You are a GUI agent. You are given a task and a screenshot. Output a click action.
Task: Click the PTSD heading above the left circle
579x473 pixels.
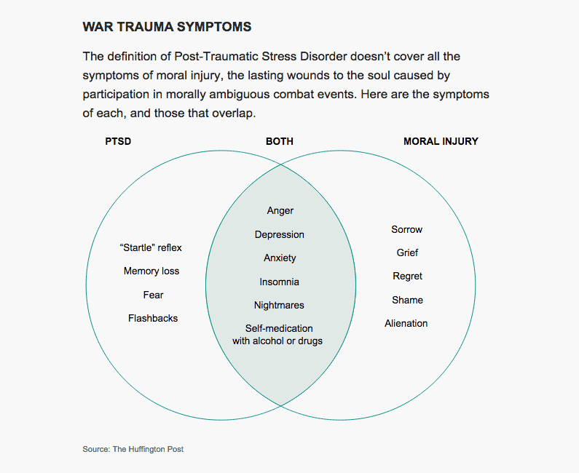(118, 141)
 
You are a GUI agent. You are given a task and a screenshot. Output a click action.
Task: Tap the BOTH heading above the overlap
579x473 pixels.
(280, 141)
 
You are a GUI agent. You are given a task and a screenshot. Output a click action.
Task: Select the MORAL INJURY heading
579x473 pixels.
(441, 141)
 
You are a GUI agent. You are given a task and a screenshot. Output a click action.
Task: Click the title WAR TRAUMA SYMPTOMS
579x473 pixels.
(167, 27)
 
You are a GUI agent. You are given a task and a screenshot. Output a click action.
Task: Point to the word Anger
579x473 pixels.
(280, 211)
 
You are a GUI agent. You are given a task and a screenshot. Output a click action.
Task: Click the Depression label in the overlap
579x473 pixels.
(280, 234)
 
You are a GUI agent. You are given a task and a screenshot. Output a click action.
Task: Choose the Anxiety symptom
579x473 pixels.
(280, 258)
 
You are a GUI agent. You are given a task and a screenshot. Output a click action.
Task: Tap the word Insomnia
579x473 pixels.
(279, 282)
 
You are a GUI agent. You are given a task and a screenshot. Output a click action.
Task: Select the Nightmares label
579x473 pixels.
(279, 305)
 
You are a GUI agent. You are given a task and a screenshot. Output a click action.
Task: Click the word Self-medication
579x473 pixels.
(279, 328)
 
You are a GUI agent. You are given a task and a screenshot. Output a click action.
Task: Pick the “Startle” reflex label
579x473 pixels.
(151, 247)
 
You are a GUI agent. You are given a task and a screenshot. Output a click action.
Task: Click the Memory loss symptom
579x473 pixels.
(151, 271)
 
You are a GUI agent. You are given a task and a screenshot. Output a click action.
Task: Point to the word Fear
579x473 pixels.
(153, 295)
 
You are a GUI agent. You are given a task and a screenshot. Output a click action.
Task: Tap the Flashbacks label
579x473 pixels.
(153, 318)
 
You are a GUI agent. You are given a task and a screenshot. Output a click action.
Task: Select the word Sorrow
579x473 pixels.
(406, 229)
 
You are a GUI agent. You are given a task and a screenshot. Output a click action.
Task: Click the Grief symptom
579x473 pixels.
(407, 253)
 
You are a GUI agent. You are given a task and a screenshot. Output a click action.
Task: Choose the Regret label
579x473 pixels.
(407, 277)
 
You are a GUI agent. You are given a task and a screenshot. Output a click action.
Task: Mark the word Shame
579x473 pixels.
(407, 300)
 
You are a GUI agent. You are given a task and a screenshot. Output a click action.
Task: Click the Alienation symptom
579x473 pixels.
(406, 323)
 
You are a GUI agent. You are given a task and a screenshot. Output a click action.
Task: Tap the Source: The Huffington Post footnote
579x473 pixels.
(133, 449)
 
